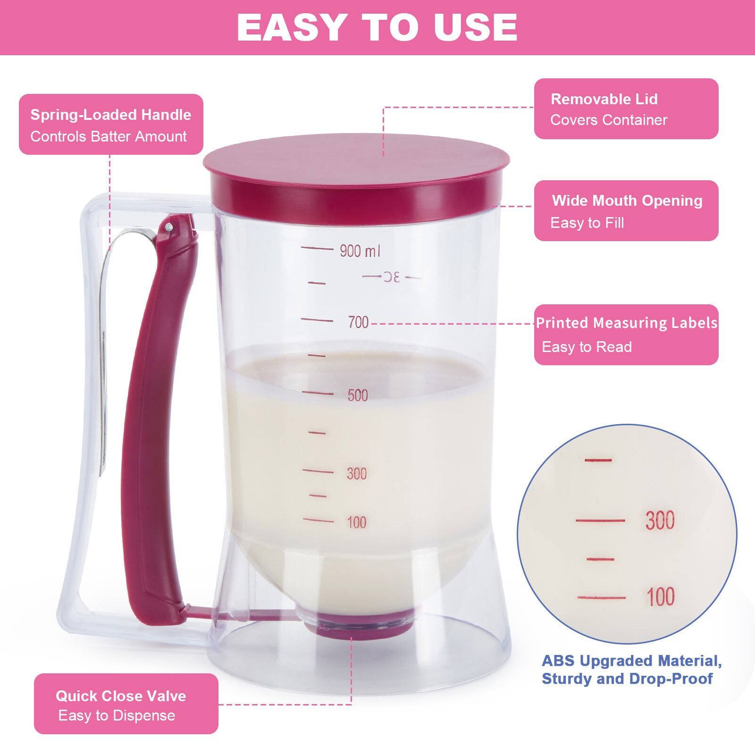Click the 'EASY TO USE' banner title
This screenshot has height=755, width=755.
[x=377, y=27]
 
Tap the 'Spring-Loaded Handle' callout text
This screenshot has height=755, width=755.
[x=111, y=115]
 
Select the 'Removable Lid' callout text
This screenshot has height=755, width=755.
[x=604, y=99]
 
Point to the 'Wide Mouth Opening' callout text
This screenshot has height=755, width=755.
[x=627, y=201]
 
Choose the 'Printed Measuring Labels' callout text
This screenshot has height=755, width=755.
[x=627, y=323]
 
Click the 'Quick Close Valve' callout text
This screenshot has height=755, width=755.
[x=121, y=696]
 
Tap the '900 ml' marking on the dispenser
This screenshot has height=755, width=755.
[x=360, y=251]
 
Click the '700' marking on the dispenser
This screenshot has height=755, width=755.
[x=358, y=322]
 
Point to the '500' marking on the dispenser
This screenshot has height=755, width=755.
[x=358, y=395]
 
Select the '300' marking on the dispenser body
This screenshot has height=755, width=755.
[x=357, y=473]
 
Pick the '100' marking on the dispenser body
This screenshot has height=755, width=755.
[x=357, y=522]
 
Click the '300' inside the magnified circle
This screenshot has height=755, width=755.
[x=660, y=520]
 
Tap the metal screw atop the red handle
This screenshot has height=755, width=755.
[x=168, y=227]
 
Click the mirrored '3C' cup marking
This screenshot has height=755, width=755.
[x=391, y=277]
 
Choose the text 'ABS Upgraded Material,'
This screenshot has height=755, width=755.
[x=631, y=661]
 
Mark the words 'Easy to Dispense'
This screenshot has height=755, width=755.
[x=117, y=715]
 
